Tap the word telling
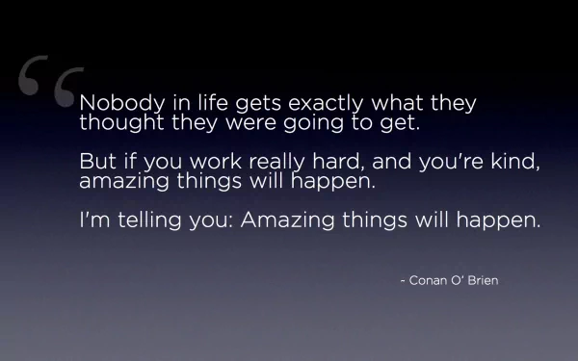point(151,220)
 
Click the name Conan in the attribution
point(431,280)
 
